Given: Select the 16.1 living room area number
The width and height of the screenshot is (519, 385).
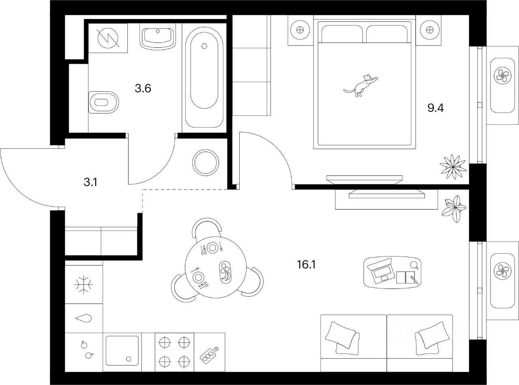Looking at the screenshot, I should pyautogui.click(x=306, y=265).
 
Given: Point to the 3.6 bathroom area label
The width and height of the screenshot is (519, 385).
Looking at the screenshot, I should pyautogui.click(x=143, y=88).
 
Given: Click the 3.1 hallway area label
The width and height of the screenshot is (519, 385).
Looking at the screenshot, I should pyautogui.click(x=90, y=182).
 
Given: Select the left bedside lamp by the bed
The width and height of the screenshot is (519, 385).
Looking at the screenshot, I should pyautogui.click(x=300, y=30).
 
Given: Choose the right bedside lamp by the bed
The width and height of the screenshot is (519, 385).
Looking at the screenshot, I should pyautogui.click(x=427, y=30).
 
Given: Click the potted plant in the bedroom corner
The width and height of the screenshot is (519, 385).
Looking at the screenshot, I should pyautogui.click(x=452, y=166).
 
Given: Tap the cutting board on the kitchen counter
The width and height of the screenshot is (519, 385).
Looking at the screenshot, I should pyautogui.click(x=210, y=355).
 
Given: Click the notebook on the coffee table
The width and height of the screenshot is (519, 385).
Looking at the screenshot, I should pyautogui.click(x=407, y=278).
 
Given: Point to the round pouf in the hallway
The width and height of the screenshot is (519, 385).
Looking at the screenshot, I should pyautogui.click(x=206, y=162).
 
